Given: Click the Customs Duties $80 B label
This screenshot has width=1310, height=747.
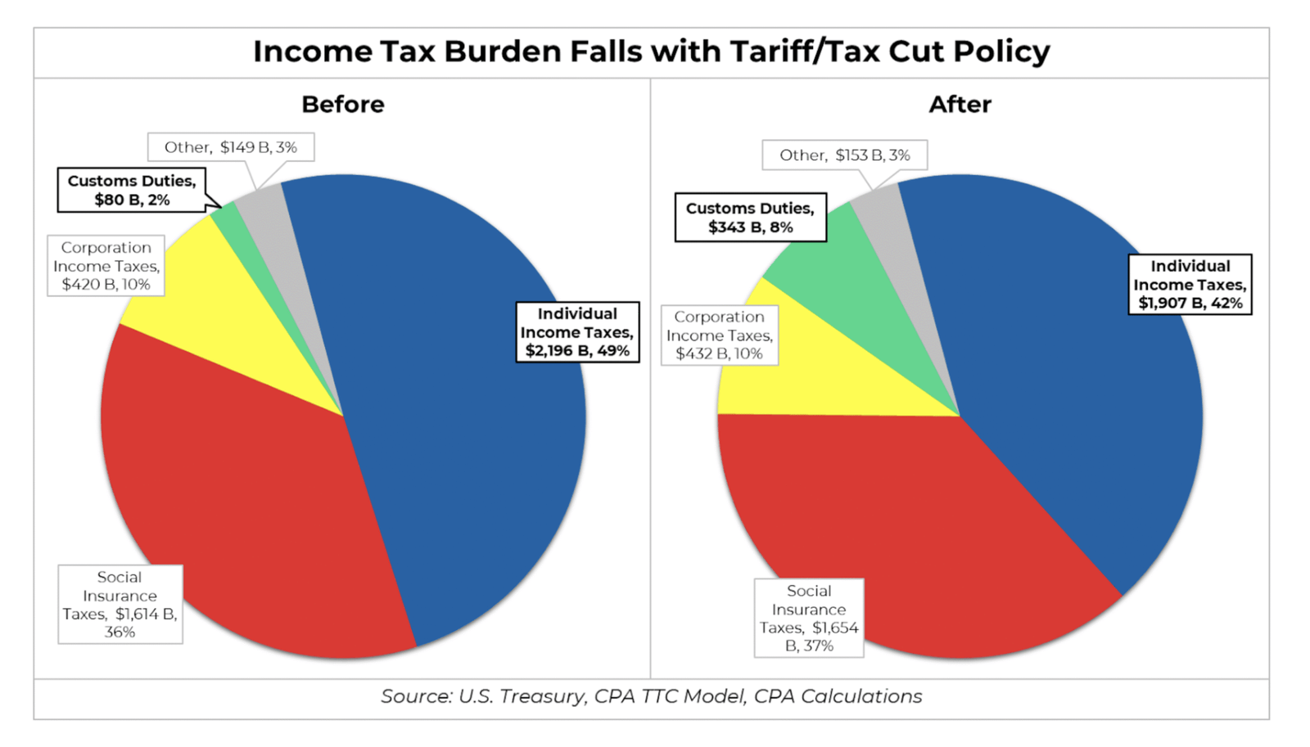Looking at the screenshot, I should point(132,191).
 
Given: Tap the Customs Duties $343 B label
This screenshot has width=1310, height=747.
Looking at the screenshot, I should point(750,218).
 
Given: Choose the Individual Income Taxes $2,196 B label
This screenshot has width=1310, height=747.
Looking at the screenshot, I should point(577,332).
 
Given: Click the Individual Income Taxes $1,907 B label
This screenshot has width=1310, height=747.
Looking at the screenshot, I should point(1190,285).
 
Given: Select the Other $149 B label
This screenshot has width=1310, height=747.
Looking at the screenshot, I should point(231,147).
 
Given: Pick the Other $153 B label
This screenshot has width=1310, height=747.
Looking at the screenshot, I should point(844,155).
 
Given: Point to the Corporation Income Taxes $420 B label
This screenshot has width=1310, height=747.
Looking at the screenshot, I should point(106,266).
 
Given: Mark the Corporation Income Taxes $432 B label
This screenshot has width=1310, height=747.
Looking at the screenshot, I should point(719,335).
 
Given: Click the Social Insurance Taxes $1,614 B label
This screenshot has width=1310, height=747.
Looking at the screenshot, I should point(120,605).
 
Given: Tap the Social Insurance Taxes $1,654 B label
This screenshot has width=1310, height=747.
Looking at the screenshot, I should point(808,618).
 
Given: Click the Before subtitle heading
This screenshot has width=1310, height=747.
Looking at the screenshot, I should point(342,105).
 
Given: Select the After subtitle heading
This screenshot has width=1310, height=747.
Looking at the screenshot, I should point(960,105).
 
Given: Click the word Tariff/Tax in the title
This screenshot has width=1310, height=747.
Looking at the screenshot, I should point(804,52).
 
